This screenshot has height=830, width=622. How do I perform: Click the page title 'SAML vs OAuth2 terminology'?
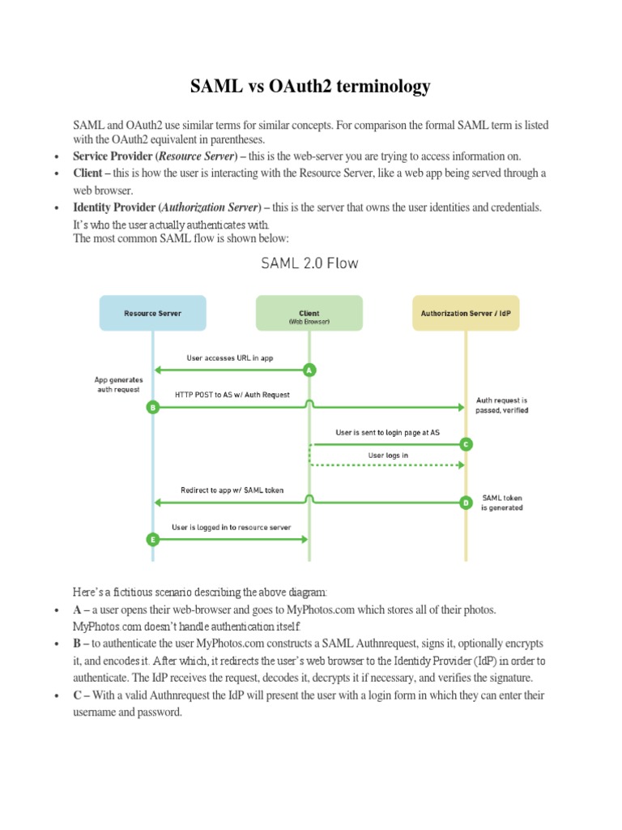310,87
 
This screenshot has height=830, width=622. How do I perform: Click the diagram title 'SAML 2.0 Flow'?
309,263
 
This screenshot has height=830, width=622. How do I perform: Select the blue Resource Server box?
152,313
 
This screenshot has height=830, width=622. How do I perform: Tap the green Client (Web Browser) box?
309,313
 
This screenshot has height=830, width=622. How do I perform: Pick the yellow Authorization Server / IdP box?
465,313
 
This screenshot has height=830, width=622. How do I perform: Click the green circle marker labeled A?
309,370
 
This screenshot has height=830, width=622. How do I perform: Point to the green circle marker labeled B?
152,408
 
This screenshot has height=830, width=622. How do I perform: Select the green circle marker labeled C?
465,444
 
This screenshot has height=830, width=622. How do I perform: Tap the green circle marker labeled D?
465,503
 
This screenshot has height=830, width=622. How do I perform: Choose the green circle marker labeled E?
152,539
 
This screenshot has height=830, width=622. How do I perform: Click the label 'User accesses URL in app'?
230,358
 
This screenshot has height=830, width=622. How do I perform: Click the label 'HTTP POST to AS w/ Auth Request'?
232,395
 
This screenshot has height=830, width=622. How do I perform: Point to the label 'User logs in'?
388,456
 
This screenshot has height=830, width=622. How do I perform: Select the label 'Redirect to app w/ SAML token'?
232,490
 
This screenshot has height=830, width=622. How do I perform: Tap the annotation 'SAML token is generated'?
502,503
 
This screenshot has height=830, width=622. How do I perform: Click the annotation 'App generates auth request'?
117,383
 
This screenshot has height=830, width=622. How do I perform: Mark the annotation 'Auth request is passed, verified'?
502,405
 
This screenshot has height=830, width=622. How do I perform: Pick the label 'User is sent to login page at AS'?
388,433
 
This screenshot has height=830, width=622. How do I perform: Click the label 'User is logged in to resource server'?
231,527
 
